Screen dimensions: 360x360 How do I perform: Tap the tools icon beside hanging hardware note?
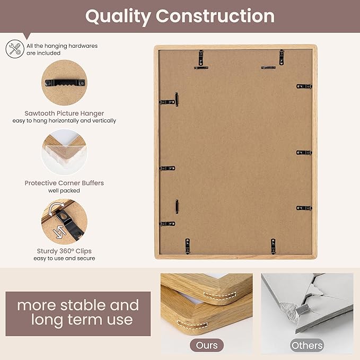click(14, 49)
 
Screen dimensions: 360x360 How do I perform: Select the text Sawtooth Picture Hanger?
click(64, 113)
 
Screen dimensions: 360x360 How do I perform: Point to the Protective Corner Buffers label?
click(64, 183)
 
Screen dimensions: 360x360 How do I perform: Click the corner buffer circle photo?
click(64, 153)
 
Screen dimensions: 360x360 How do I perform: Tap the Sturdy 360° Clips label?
click(64, 251)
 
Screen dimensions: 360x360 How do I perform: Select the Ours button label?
click(207, 345)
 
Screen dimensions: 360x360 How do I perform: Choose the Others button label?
click(307, 345)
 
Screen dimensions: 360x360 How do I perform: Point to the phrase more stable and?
click(78, 305)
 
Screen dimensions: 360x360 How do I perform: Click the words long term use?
click(82, 320)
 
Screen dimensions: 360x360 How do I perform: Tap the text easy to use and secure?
click(64, 259)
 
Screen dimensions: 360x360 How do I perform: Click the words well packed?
click(64, 190)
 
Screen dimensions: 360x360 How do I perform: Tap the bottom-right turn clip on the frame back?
click(274, 245)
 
